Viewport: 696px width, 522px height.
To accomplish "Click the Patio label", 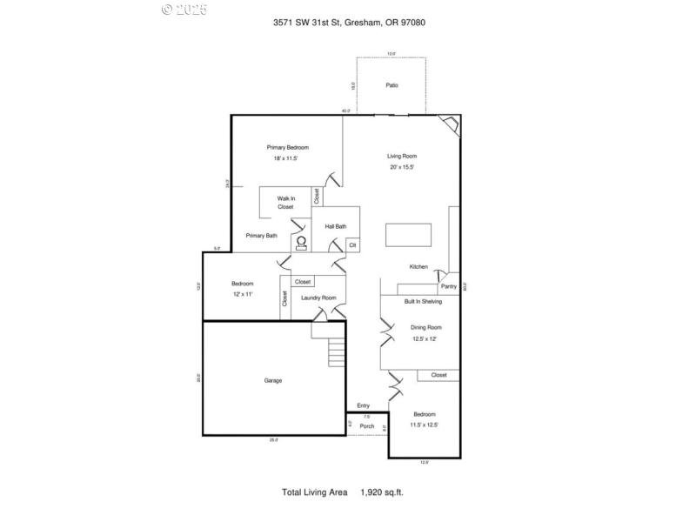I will [391, 85].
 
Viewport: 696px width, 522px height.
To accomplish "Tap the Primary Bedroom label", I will [287, 147].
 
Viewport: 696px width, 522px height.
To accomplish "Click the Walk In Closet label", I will [285, 203].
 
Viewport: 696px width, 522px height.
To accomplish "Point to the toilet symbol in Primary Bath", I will [302, 243].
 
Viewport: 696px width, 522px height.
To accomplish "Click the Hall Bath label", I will [336, 226].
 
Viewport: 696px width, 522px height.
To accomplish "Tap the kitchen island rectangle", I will [408, 235].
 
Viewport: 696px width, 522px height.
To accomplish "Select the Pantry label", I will [448, 286].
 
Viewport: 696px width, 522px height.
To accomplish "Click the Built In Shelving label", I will [423, 301].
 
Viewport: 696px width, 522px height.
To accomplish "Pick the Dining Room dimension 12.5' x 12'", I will [426, 338].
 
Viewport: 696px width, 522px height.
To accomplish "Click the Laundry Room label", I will [318, 298].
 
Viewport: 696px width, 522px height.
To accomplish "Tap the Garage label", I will [273, 380].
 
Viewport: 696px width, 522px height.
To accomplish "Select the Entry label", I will [363, 405].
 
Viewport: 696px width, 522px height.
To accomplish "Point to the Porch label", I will [367, 425].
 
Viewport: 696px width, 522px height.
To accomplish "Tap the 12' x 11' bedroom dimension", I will [242, 295].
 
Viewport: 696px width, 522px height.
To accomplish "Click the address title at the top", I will [348, 22].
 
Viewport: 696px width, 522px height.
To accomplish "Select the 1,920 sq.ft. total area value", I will [382, 492].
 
